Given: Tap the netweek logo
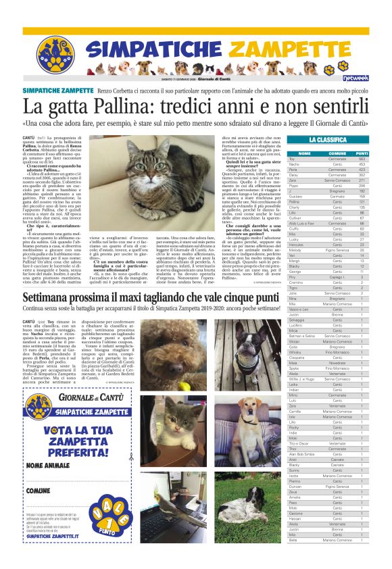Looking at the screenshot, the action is pyautogui.click(x=355, y=78).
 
